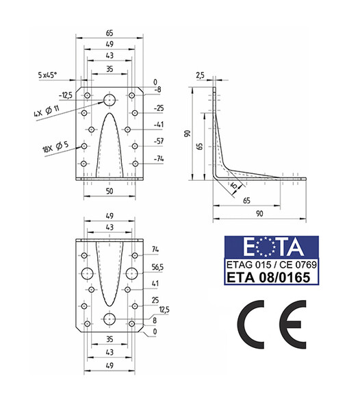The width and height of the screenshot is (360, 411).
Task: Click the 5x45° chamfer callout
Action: [47, 75]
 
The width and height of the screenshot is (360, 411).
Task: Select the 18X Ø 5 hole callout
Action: [55, 147]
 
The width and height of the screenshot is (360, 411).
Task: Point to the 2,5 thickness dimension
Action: [200, 75]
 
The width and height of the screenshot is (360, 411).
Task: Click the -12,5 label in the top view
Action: [66, 95]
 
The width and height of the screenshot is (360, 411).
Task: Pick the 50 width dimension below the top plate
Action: [110, 191]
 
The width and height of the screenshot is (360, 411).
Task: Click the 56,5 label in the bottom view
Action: [157, 267]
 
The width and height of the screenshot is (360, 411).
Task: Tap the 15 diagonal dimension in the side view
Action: [235, 186]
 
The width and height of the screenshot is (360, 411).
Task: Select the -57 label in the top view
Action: [159, 142]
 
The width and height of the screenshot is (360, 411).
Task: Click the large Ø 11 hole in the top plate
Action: [110, 100]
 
